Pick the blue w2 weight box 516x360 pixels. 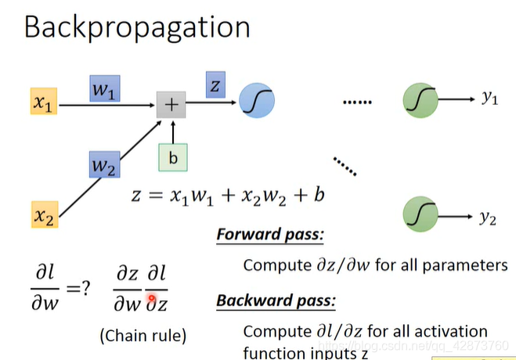[103, 166]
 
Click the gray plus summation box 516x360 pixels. [171, 104]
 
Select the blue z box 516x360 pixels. [215, 84]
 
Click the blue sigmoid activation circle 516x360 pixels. [257, 103]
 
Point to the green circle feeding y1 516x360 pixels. [420, 101]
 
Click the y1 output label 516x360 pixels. [489, 99]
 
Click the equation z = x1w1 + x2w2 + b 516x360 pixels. [227, 194]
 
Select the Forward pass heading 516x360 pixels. [269, 234]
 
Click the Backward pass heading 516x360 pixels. [276, 301]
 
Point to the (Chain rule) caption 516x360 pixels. [143, 336]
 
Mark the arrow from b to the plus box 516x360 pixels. [173, 131]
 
